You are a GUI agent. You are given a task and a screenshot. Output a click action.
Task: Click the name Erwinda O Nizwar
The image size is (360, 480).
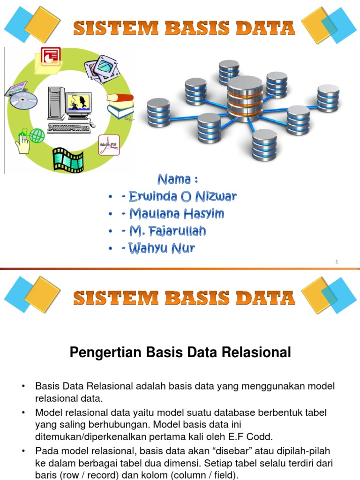[x=179, y=197]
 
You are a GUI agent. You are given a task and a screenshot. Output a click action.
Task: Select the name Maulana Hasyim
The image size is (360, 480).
[x=172, y=214]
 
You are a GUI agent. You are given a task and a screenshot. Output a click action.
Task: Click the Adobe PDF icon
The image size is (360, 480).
[x=109, y=145]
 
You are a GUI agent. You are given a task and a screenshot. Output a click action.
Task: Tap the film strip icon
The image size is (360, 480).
[x=68, y=159]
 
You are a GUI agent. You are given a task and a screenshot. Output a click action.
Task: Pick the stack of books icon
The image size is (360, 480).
[x=120, y=106]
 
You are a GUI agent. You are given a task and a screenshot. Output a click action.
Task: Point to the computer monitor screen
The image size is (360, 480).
[x=78, y=102]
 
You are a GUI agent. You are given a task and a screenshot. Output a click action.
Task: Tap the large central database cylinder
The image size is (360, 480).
[x=245, y=98]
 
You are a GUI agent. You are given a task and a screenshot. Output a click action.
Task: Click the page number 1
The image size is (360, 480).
[x=337, y=262]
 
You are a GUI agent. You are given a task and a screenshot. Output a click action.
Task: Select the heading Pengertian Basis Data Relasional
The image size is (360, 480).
[x=180, y=352]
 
